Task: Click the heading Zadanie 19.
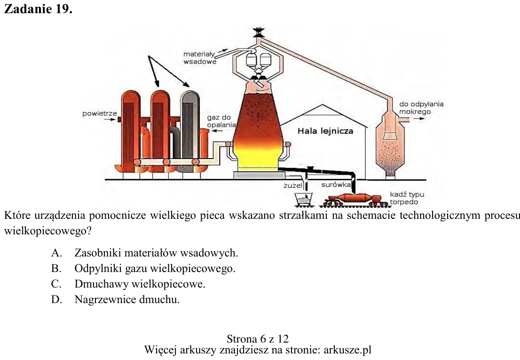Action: pyautogui.click(x=38, y=9)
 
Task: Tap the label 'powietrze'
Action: pyautogui.click(x=100, y=113)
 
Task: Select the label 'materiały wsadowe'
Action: pyautogui.click(x=200, y=58)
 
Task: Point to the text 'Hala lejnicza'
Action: pyautogui.click(x=325, y=131)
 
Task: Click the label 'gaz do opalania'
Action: pyautogui.click(x=221, y=121)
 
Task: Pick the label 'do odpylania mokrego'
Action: pyautogui.click(x=421, y=108)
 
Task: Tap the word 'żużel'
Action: pyautogui.click(x=293, y=185)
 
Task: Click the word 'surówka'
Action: pyautogui.click(x=336, y=184)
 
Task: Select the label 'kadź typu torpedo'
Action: pyautogui.click(x=407, y=198)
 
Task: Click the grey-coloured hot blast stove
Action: pyautogui.click(x=190, y=131)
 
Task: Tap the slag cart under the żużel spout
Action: pyautogui.click(x=303, y=199)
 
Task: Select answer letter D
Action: pyautogui.click(x=56, y=300)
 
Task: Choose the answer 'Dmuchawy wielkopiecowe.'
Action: pyautogui.click(x=140, y=284)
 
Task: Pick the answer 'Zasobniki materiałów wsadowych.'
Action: pyautogui.click(x=156, y=253)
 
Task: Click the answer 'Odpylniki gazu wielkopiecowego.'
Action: pyautogui.click(x=155, y=268)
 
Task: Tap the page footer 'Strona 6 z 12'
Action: pyautogui.click(x=258, y=339)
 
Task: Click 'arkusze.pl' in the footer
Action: pyautogui.click(x=347, y=350)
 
